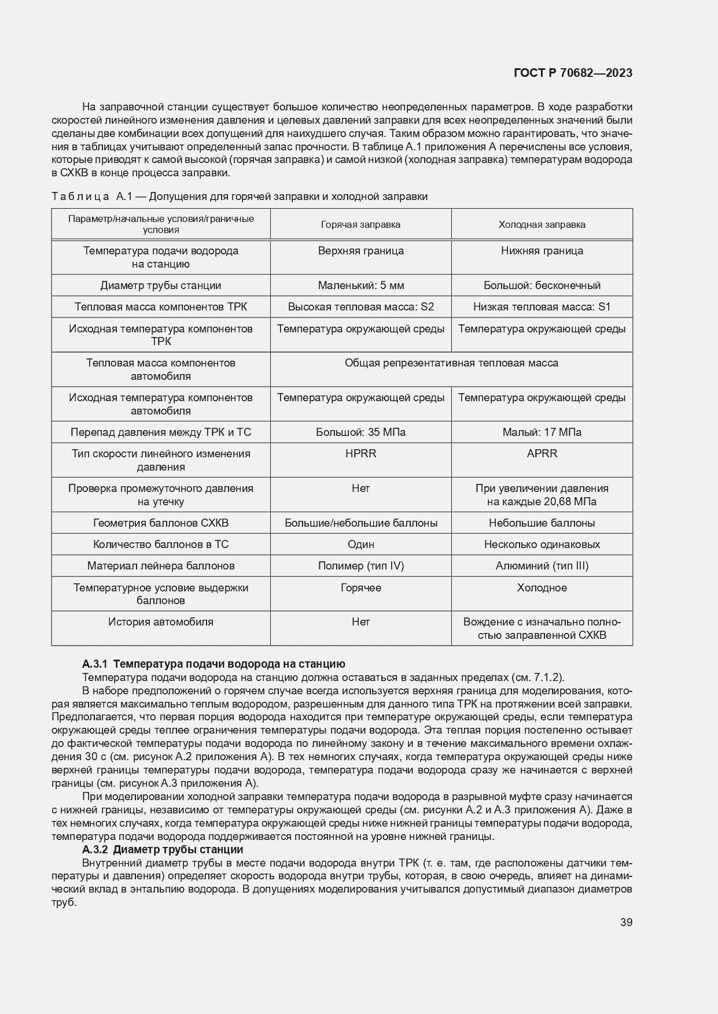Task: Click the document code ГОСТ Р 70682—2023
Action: pos(572,73)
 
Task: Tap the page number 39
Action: pos(626,922)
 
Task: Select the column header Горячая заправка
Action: pos(360,224)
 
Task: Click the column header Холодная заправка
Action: pos(542,224)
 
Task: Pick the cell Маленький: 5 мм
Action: pos(360,285)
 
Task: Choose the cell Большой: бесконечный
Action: pos(542,285)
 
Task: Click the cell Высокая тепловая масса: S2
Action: pos(360,306)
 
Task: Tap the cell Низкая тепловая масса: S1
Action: pos(542,306)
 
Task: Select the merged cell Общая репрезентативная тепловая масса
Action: pos(451,363)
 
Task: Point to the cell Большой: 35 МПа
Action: pos(360,432)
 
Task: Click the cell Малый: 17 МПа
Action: pos(542,432)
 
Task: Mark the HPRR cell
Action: pos(360,453)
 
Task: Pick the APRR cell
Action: pos(542,453)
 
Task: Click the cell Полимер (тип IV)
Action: pos(360,565)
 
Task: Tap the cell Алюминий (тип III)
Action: pos(542,565)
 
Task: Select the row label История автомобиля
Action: pos(161,622)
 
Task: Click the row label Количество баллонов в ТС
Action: pos(161,544)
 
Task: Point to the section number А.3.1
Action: pos(95,664)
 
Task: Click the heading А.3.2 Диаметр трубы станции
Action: pos(163,849)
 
